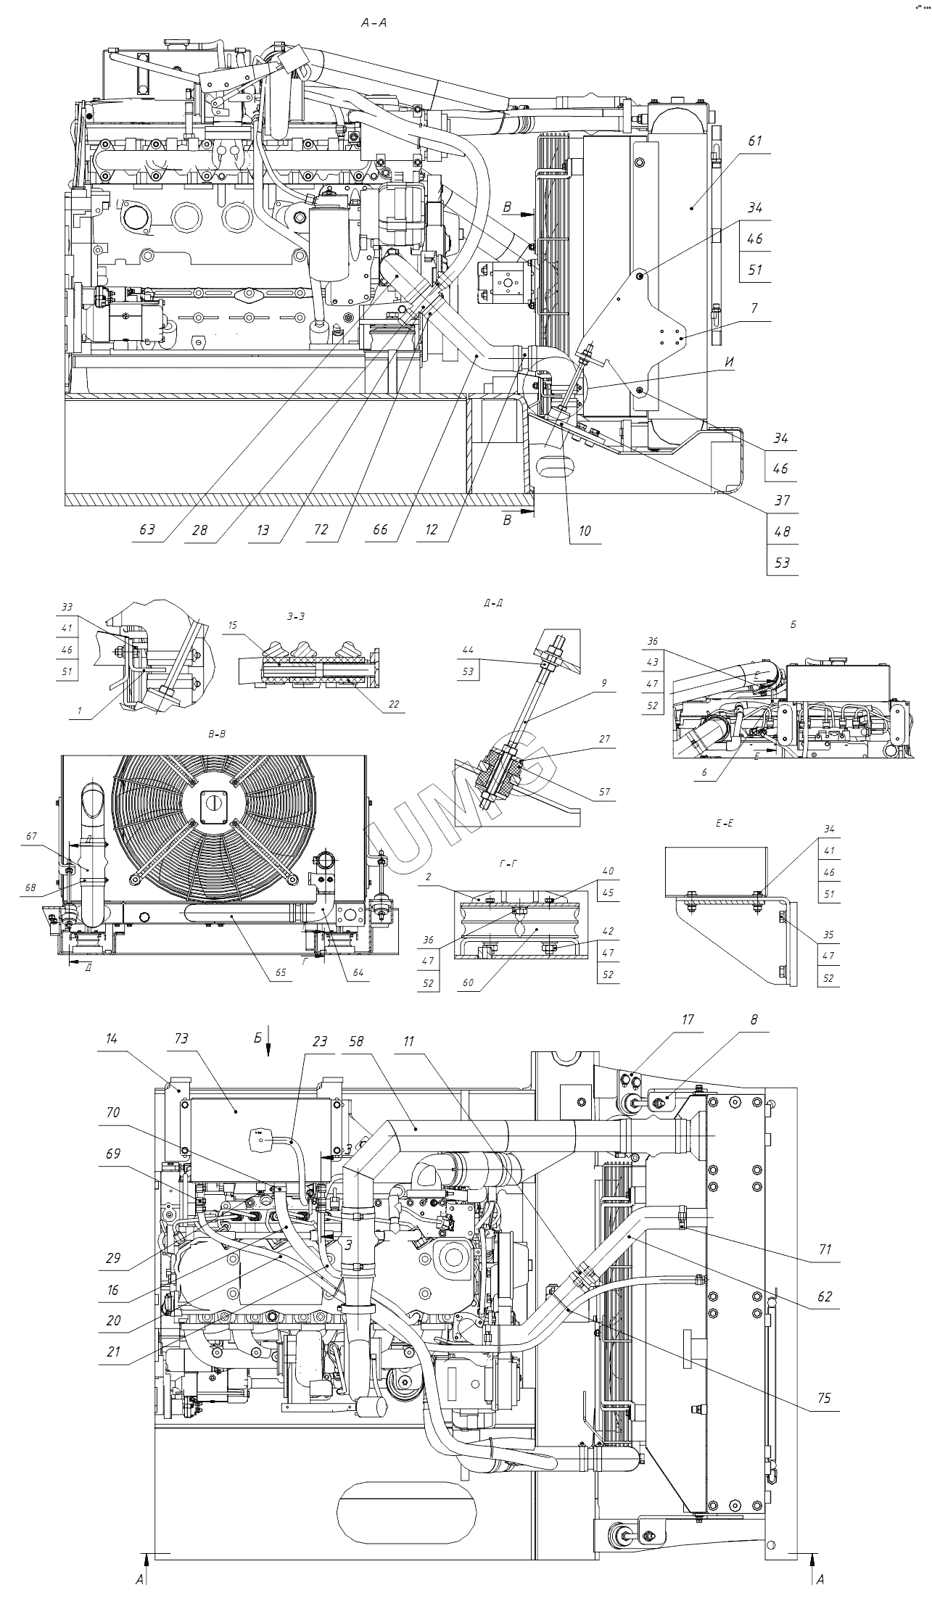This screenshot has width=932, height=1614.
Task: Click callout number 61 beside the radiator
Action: point(755,141)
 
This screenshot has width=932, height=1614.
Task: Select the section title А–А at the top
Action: point(374,23)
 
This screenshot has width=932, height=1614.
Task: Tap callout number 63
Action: point(147,529)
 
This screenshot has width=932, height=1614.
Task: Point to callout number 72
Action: point(321,529)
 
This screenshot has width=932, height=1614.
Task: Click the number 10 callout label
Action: point(585,531)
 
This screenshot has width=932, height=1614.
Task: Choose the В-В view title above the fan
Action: point(217,734)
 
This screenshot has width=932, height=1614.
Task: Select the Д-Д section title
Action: point(492,603)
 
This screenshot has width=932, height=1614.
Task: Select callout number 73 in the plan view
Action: point(181,1039)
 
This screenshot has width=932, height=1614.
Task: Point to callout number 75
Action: point(822,1399)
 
